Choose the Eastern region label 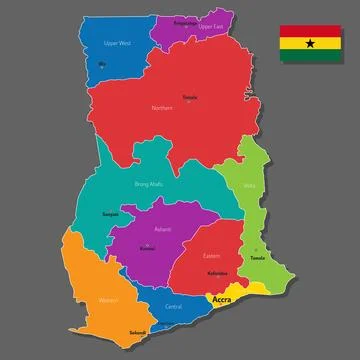click(x=211, y=255)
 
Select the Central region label click(x=173, y=306)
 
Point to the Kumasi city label click(x=147, y=247)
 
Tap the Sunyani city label click(x=111, y=214)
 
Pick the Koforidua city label click(x=216, y=273)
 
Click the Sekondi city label click(x=137, y=332)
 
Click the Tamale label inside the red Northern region click(x=190, y=97)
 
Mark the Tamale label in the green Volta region click(x=257, y=257)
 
